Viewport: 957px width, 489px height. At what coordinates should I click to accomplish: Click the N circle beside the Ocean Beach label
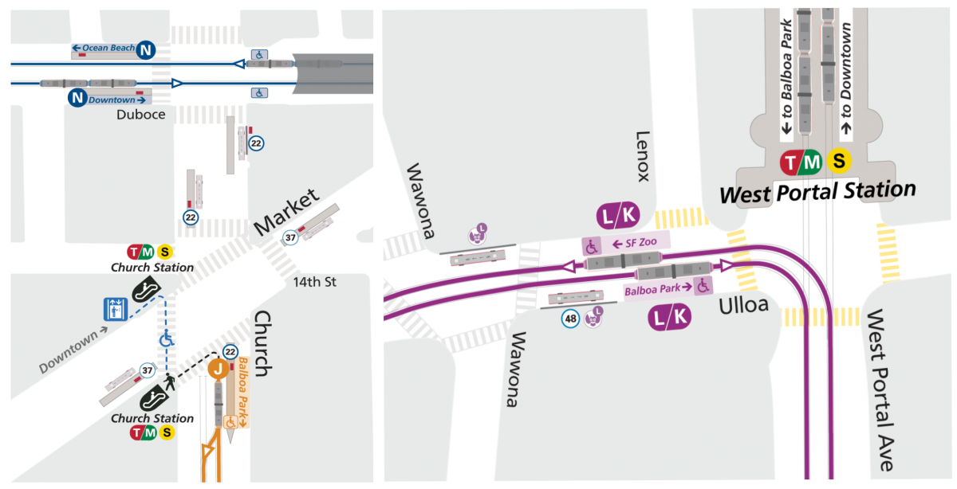(x=146, y=49)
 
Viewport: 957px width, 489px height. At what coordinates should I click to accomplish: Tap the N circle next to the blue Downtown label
(x=77, y=98)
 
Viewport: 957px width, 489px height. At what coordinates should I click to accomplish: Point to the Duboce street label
(x=141, y=115)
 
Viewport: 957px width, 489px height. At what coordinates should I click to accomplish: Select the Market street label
(x=286, y=212)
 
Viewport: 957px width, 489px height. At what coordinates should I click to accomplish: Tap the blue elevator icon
(x=116, y=309)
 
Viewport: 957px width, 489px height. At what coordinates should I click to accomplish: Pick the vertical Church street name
(x=262, y=343)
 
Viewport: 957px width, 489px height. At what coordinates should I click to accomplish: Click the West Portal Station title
(x=817, y=192)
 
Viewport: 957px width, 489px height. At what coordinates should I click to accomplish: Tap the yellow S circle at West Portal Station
(x=839, y=162)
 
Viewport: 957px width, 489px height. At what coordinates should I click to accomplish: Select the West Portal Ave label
(x=880, y=389)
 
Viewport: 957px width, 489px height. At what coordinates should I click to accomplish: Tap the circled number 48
(x=570, y=320)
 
